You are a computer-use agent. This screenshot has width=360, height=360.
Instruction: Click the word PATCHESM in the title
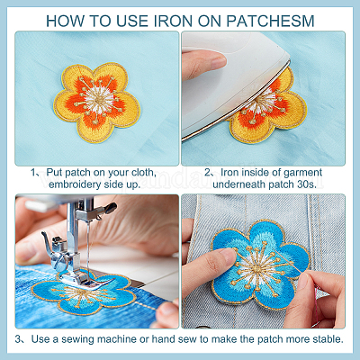[270, 21]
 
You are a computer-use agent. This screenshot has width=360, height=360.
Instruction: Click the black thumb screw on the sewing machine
[110, 207]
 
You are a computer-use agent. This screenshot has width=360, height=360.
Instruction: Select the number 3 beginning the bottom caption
[19, 339]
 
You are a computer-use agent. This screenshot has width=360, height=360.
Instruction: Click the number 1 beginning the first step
[33, 173]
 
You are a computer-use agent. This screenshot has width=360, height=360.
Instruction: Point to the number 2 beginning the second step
[208, 173]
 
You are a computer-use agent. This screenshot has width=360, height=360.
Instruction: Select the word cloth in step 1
[143, 173]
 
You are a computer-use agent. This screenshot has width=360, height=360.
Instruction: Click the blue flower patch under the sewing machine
[83, 294]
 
